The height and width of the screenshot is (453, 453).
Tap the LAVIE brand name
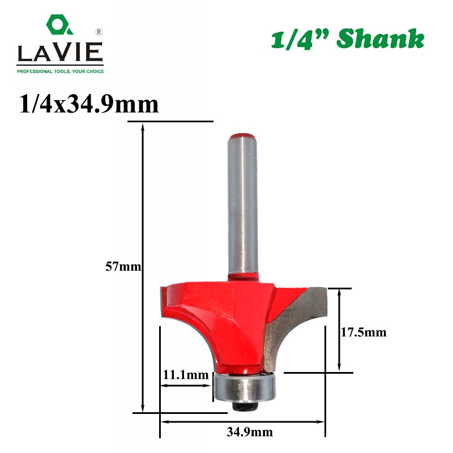click(x=60, y=52)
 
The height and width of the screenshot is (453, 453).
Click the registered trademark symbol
click(x=99, y=32)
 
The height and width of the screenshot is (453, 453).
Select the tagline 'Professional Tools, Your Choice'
click(x=61, y=71)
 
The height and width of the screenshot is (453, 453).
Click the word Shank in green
click(x=380, y=39)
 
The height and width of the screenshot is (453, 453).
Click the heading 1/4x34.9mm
click(x=89, y=104)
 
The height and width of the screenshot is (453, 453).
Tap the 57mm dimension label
click(x=123, y=266)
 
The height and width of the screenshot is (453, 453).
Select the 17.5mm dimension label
click(x=364, y=332)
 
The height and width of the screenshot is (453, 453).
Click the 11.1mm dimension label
click(x=186, y=375)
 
